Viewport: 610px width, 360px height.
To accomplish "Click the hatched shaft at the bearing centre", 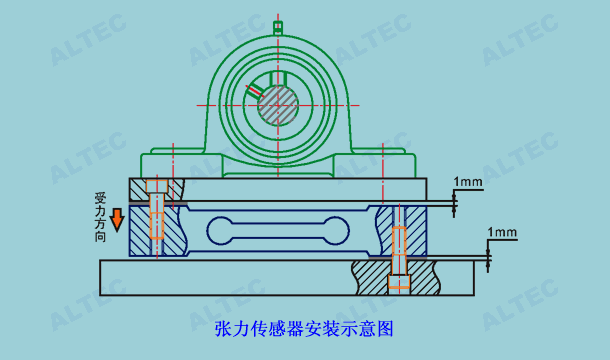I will pyautogui.click(x=280, y=104).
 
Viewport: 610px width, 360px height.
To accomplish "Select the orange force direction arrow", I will pyautogui.click(x=117, y=218).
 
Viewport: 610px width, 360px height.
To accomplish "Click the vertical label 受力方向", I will pyautogui.click(x=100, y=216).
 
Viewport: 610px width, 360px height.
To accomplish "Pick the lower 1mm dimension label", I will pyautogui.click(x=503, y=232).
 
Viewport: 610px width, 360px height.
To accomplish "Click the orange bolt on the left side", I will pyautogui.click(x=157, y=222).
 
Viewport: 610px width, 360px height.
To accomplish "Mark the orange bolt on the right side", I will pyautogui.click(x=399, y=255).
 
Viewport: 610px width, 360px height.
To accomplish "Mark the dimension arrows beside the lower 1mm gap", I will pyautogui.click(x=489, y=258).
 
